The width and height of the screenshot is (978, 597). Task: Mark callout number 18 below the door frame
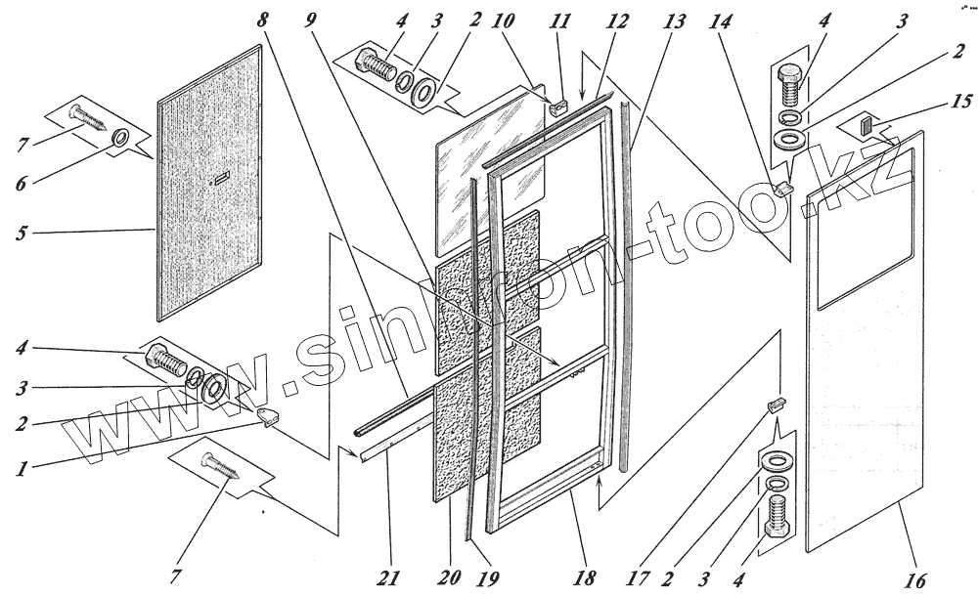pyautogui.click(x=585, y=576)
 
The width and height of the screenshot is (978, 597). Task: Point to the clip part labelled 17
pyautogui.click(x=777, y=403)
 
